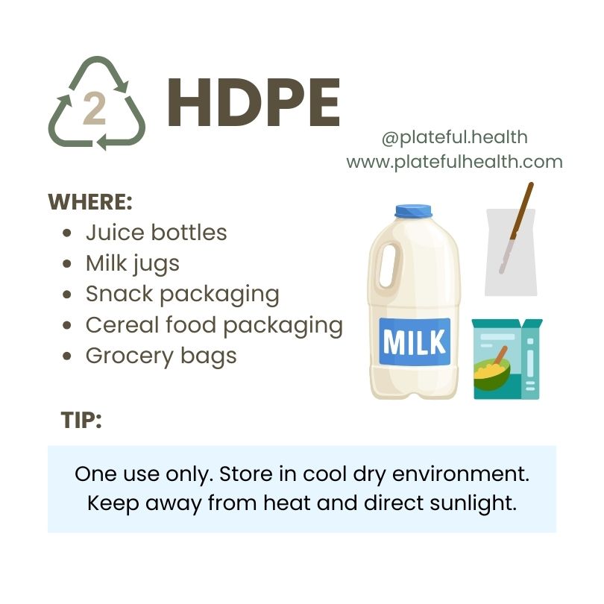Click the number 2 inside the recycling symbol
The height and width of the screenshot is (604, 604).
pos(95,109)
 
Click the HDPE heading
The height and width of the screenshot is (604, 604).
pos(254,102)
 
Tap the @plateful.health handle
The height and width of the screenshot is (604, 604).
pos(455,137)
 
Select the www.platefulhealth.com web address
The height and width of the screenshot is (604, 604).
pos(455,162)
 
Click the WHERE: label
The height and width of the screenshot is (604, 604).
pos(90,202)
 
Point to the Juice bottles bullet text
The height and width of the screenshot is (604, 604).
pos(157,233)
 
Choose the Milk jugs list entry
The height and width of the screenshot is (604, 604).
pos(133,264)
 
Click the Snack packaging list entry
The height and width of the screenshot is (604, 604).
pos(183,295)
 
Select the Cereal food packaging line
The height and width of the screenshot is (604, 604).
pos(214,326)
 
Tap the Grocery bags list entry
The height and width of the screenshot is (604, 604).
pos(161,356)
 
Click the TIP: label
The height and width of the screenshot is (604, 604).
pos(81,420)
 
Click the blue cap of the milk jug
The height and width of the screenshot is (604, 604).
pos(413,211)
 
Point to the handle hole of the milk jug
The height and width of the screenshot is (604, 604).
pos(389,265)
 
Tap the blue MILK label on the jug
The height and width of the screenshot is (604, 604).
pos(415,342)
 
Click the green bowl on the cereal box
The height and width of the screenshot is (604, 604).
pos(492,374)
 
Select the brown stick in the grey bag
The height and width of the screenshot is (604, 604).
pos(517,228)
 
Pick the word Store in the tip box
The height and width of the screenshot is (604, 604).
pos(246,474)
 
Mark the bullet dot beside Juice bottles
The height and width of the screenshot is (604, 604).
pos(67,233)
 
